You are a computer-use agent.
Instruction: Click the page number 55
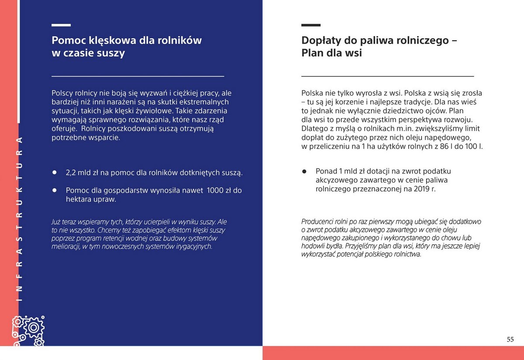[x=510, y=339]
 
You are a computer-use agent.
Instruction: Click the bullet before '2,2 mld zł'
[x=55, y=172]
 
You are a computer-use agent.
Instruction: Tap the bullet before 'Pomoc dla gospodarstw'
[x=55, y=190]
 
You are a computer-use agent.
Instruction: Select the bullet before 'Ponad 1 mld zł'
[x=305, y=171]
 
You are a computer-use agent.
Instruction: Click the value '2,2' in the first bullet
[x=71, y=173]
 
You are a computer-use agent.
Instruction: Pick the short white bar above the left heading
[x=61, y=25]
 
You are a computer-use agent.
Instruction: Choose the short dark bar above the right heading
[x=311, y=25]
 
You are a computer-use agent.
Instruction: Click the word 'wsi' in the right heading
[x=354, y=53]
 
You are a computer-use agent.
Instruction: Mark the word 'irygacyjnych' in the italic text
[x=192, y=246]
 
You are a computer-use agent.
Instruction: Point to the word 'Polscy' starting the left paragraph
[x=62, y=93]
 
